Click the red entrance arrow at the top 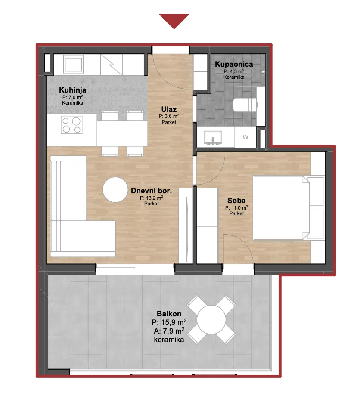[x=174, y=21]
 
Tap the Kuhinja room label [x=73, y=90]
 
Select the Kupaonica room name [x=234, y=64]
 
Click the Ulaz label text [x=169, y=109]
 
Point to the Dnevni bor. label [x=151, y=191]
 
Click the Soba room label [x=236, y=201]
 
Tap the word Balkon [x=169, y=314]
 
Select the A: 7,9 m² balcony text [x=169, y=331]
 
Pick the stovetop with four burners [x=71, y=125]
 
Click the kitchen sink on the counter [x=74, y=64]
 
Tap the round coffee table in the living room [x=115, y=190]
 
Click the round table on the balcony [x=211, y=319]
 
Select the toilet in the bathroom [x=245, y=105]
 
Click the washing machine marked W [x=245, y=137]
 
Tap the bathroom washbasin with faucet [x=213, y=138]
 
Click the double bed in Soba [x=289, y=208]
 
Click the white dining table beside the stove [x=122, y=133]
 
